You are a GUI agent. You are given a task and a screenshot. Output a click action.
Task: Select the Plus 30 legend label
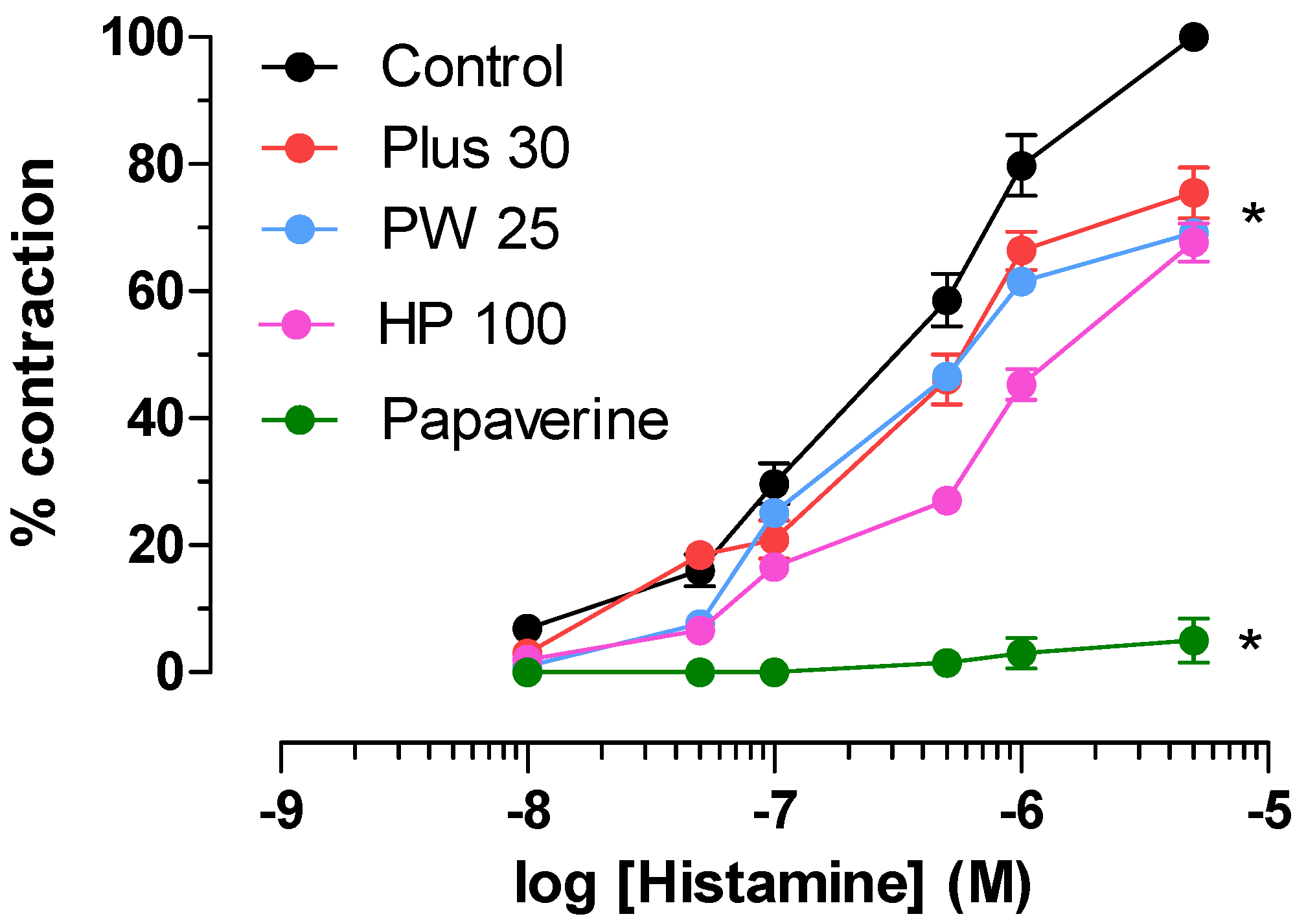coord(475,148)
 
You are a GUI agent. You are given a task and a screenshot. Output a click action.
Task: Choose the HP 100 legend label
coord(472,324)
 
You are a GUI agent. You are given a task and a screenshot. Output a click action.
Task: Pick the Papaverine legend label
coord(525,420)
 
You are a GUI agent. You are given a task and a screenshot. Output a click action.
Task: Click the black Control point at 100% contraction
coord(1193,37)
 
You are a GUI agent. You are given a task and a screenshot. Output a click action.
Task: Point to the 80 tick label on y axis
coord(153,165)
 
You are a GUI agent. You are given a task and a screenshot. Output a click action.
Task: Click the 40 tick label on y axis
coord(153,418)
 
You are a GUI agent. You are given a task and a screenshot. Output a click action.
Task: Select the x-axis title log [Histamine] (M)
coord(772,883)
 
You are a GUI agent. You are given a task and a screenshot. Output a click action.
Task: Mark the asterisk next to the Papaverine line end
coord(1250,643)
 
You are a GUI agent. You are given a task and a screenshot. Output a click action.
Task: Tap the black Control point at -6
coord(1022,166)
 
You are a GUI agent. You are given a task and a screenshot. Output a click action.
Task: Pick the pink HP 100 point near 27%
coord(946,501)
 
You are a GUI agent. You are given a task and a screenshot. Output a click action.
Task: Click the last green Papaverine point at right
coord(1193,641)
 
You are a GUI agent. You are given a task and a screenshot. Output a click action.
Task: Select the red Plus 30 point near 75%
coord(1193,193)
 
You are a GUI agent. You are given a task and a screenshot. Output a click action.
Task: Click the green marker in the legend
coord(299,420)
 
